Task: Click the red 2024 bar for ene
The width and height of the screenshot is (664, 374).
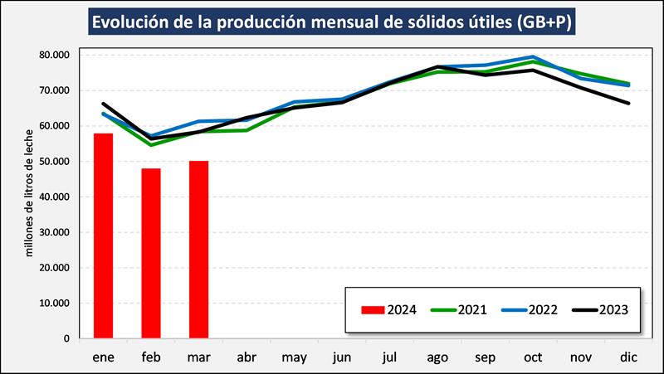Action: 103,236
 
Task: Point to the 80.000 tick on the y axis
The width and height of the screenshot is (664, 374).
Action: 55,55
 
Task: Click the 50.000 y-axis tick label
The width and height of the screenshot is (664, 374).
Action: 55,161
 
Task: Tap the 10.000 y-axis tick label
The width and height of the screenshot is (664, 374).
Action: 55,303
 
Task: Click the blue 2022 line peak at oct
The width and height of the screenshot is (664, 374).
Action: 532,57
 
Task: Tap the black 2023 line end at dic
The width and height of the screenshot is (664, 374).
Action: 627,103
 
